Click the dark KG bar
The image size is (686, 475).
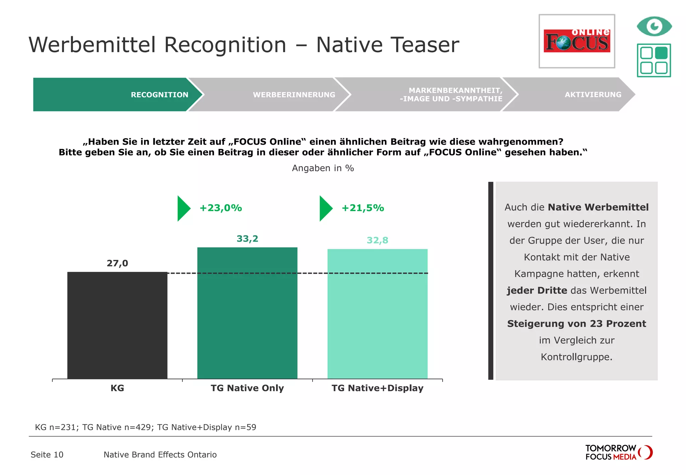[117, 325]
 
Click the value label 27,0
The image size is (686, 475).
[117, 263]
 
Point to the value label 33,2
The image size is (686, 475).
[247, 239]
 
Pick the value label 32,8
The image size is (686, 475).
[378, 241]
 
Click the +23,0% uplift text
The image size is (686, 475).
[220, 208]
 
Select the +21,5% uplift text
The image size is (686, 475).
[363, 208]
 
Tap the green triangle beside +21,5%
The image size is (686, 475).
[325, 208]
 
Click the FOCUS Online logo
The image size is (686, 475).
[577, 41]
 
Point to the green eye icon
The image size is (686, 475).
[654, 26]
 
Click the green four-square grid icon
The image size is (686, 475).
[654, 60]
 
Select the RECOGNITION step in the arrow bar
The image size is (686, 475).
[159, 95]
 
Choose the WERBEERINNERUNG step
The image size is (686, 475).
[294, 95]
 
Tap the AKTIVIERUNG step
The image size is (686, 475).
[593, 95]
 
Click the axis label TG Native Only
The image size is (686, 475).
[247, 388]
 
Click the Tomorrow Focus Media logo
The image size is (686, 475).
[618, 452]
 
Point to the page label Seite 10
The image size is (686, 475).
[47, 455]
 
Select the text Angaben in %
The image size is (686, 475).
[323, 168]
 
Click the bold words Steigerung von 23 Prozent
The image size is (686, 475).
[576, 324]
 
